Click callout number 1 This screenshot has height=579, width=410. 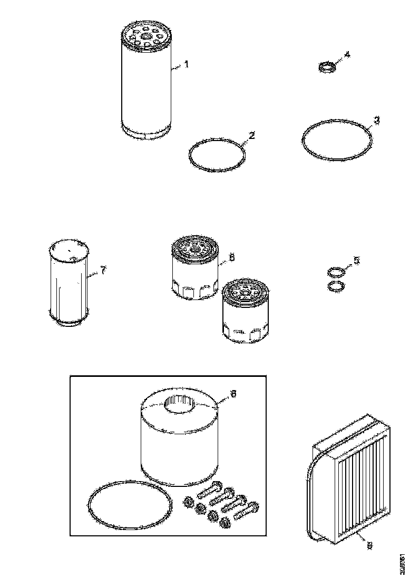[186, 64]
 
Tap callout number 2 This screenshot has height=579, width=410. [252, 136]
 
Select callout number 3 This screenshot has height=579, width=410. [376, 120]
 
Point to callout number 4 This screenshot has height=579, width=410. [346, 54]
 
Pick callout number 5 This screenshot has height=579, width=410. [357, 261]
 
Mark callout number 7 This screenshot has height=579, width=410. [103, 270]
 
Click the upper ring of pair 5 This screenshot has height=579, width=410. [334, 272]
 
